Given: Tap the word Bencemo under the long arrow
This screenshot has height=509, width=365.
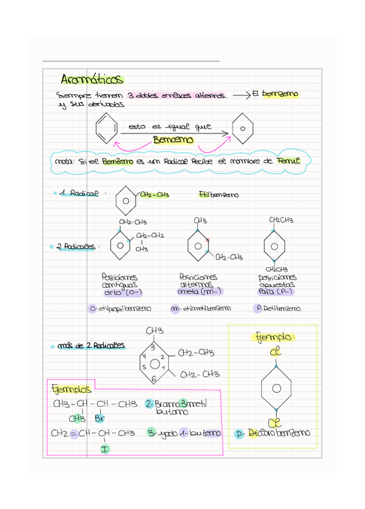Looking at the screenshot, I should pos(173,140).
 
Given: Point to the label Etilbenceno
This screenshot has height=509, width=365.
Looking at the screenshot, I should pos(218,194).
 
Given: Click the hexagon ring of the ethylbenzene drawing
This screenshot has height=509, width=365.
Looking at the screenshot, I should pos(125,199).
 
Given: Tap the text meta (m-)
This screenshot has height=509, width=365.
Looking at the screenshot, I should pos(200,292).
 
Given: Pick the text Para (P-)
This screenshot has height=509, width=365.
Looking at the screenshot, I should pos(276,292).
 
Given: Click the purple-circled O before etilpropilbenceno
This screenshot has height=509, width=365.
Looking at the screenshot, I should pos(92,309).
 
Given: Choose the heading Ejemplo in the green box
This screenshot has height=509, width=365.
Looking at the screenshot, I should pos(273,337).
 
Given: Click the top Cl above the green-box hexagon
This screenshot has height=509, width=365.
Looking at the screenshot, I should pos(275,352).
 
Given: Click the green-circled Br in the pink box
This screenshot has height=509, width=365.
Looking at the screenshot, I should pos(100,418).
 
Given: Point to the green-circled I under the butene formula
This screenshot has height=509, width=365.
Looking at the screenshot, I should pos(104,447).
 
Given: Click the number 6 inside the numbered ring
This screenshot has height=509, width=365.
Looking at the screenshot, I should pos(154,379).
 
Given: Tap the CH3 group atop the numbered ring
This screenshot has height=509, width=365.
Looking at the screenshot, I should pos(154,331).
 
